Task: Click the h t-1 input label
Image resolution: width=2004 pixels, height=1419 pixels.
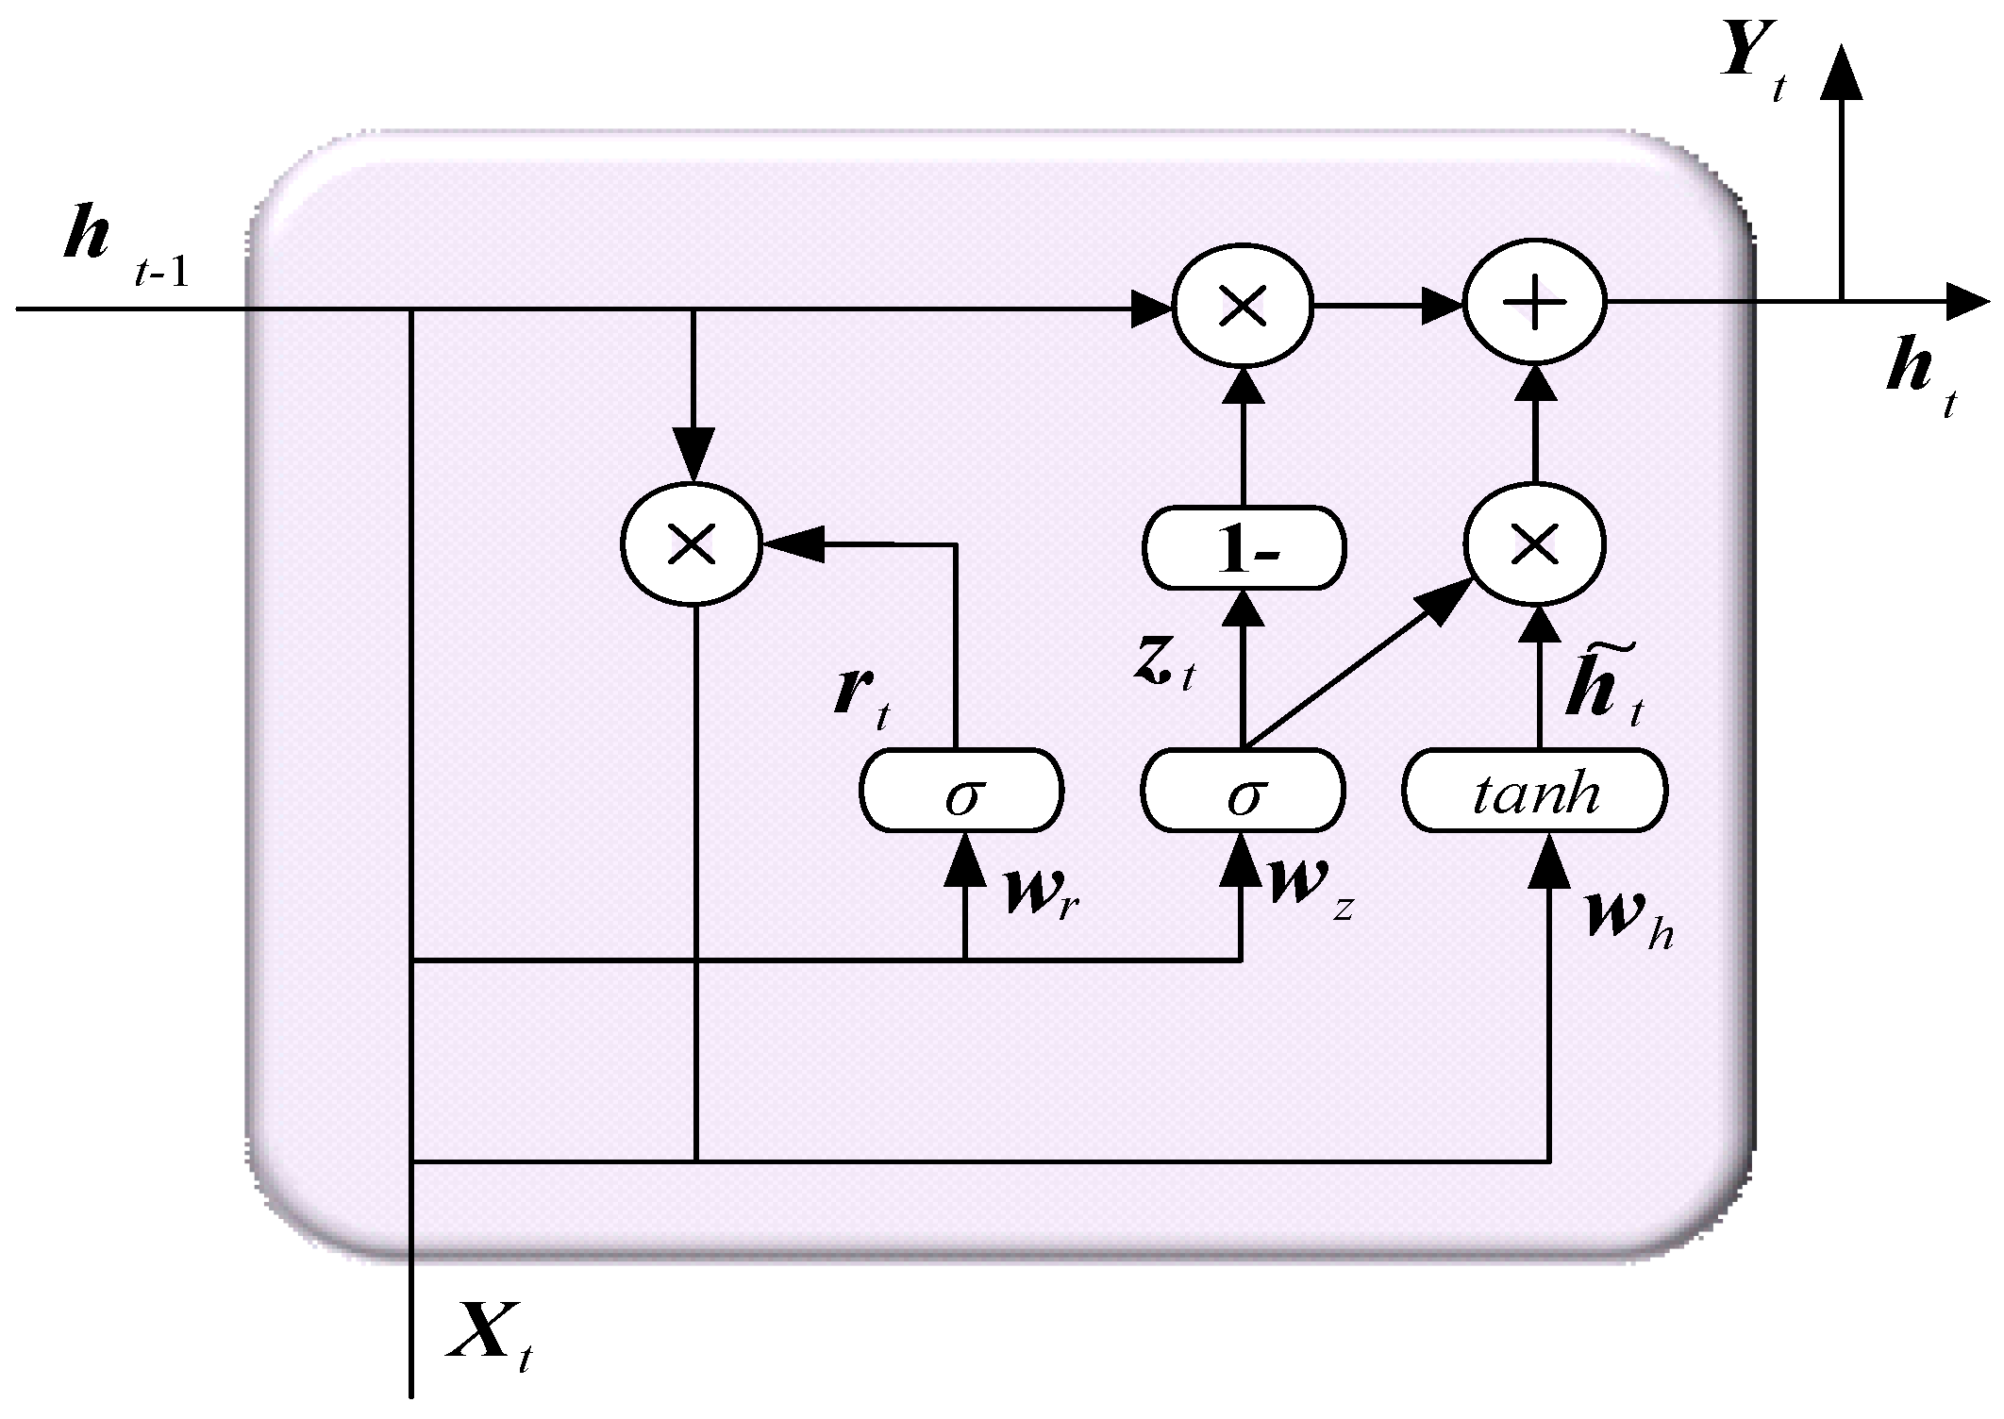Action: [x=123, y=245]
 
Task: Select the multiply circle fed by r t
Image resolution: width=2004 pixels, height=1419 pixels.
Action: [x=692, y=544]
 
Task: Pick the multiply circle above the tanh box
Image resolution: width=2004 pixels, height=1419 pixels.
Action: [x=1534, y=543]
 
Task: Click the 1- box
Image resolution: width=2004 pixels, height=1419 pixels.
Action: [x=1244, y=549]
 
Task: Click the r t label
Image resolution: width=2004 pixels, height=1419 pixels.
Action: [x=861, y=698]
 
